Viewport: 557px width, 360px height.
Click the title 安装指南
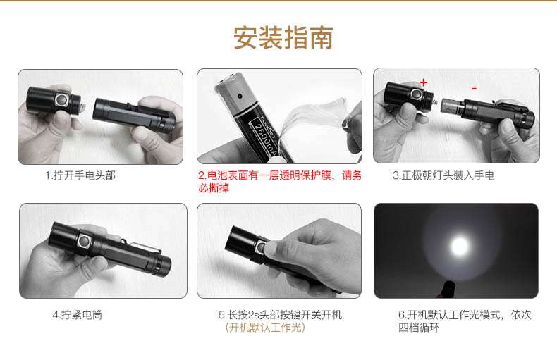coord(283,37)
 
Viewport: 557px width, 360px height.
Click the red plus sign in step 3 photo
coord(424,82)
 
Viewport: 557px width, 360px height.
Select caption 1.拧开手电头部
coord(80,175)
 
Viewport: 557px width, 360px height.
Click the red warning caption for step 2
coord(279,181)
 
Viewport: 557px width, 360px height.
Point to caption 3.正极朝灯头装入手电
coord(443,175)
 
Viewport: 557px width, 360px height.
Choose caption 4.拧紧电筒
coord(77,315)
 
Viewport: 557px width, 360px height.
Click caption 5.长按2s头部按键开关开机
coord(280,315)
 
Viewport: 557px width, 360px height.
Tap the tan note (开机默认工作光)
coord(264,328)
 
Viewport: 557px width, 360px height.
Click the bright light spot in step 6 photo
coord(460,246)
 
